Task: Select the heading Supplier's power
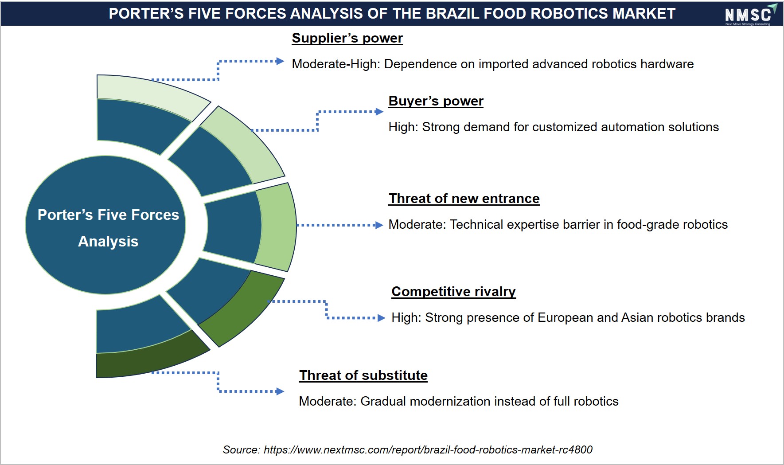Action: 347,38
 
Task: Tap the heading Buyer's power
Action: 436,101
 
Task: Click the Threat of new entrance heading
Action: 464,199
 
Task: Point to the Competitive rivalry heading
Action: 453,292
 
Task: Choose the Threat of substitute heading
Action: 363,375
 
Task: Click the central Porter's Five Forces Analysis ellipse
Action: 105,225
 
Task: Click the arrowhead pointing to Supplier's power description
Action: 280,61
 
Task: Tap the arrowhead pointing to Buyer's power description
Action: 379,112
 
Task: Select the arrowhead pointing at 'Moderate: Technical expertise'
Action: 379,225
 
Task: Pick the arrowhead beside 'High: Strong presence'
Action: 381,318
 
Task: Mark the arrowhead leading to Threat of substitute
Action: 280,391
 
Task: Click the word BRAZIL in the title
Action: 453,14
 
